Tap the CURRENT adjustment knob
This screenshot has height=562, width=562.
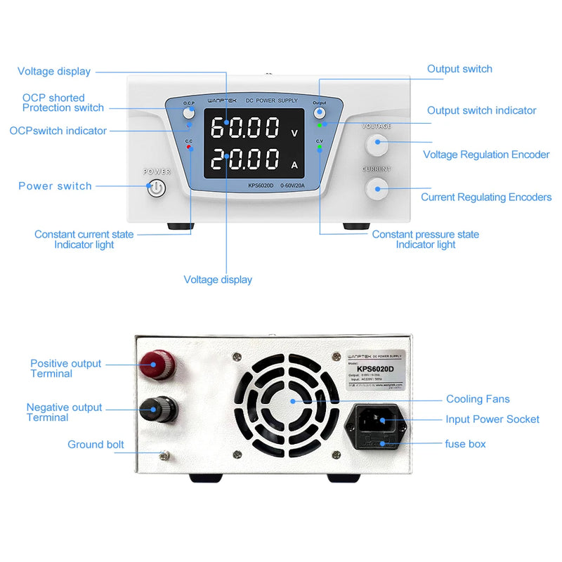(x=377, y=187)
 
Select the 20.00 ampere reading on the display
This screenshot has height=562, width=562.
(x=245, y=162)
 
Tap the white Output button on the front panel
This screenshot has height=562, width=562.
(x=320, y=113)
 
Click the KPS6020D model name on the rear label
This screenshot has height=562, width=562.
(x=376, y=367)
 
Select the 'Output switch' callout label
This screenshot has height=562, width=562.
(x=459, y=69)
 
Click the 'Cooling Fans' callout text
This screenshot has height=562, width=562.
(x=478, y=399)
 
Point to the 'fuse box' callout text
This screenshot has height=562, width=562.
(x=465, y=444)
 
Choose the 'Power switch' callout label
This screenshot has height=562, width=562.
(x=55, y=186)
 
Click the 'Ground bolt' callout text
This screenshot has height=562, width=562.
(x=96, y=445)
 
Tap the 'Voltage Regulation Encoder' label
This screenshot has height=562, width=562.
(x=486, y=155)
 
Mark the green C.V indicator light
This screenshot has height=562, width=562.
(x=320, y=149)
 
